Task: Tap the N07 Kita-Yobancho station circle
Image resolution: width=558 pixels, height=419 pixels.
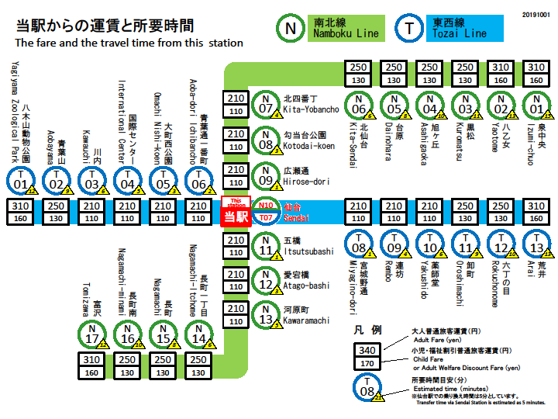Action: [x=266, y=104]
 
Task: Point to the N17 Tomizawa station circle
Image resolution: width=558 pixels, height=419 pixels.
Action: [x=92, y=336]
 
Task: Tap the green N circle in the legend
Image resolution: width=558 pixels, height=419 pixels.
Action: [x=291, y=29]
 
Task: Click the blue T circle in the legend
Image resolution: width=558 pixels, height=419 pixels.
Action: [x=408, y=29]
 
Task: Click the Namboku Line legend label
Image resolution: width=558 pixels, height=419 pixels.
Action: [x=346, y=29]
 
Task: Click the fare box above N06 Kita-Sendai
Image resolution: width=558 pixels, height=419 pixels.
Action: [x=358, y=73]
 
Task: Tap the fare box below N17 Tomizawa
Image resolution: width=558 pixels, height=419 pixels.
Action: [x=92, y=366]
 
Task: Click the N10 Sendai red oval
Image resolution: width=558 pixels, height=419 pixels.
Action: [x=266, y=206]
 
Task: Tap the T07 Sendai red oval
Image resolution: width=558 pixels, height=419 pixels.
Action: [x=266, y=218]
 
